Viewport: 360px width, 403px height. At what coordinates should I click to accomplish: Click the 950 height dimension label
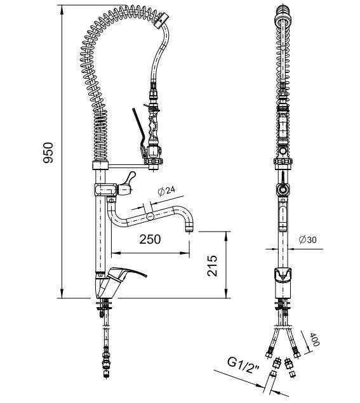[x=48, y=152]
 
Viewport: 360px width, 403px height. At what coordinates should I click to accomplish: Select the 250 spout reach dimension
[x=150, y=239]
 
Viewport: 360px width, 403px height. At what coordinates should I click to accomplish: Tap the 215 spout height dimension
[x=213, y=265]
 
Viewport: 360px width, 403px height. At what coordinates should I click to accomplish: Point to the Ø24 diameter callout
[x=166, y=190]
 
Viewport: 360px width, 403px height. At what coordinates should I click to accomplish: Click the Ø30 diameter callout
[x=308, y=239]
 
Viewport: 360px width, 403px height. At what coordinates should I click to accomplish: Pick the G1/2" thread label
[x=244, y=364]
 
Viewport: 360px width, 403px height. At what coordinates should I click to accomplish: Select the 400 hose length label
[x=314, y=340]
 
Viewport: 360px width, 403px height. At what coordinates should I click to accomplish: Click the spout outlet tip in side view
[x=189, y=228]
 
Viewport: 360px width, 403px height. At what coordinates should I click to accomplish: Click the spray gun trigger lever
[x=139, y=131]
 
